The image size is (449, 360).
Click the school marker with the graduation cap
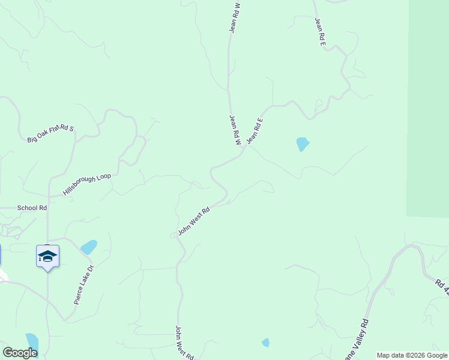[x=47, y=257]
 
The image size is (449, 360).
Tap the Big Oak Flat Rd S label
[x=50, y=134]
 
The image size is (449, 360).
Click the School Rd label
[x=32, y=208]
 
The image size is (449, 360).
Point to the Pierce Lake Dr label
[x=84, y=285]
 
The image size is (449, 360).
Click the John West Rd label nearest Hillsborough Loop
[x=193, y=221]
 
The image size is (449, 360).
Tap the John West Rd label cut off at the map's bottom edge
[x=184, y=343]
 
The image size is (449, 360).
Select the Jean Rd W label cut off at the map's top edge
[x=235, y=17]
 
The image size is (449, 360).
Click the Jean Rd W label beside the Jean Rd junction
[x=235, y=130]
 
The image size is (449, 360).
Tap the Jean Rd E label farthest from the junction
[x=320, y=31]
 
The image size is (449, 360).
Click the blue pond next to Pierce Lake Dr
[x=89, y=247]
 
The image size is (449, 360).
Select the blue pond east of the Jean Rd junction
[x=303, y=144]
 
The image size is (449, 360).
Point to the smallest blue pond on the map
[x=265, y=343]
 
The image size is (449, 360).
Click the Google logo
[x=20, y=353]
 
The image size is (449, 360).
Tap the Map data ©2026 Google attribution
[x=412, y=355]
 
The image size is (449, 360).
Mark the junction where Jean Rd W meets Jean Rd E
[x=243, y=149]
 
